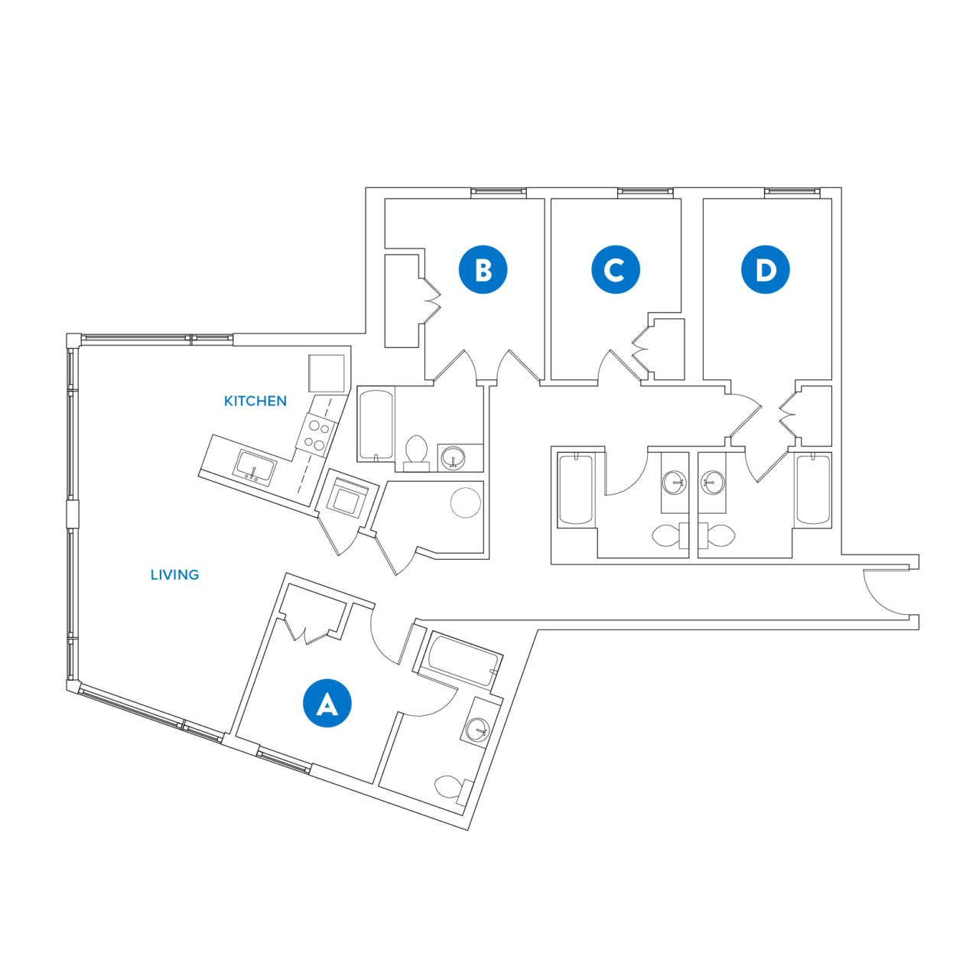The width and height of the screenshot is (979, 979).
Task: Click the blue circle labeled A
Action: coord(327,703)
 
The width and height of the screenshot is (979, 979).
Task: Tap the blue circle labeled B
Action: coord(483,269)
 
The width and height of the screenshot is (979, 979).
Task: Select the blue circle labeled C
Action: coord(615,269)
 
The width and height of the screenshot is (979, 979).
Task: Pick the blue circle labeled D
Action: coord(765,269)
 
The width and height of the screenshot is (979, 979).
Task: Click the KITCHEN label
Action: coord(255,401)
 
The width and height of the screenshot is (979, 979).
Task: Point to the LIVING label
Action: coord(174,574)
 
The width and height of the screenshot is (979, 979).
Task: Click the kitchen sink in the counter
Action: coord(255,466)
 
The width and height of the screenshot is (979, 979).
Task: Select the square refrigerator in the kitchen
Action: coord(327,373)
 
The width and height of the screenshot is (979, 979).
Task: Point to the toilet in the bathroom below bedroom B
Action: coord(416,451)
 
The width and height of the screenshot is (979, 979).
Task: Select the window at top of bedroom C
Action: coord(646,191)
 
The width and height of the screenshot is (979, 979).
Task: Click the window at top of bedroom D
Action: coord(792,191)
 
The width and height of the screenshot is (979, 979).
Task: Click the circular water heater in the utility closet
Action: coord(465,503)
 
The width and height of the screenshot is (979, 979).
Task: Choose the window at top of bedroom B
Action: coord(498,191)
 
